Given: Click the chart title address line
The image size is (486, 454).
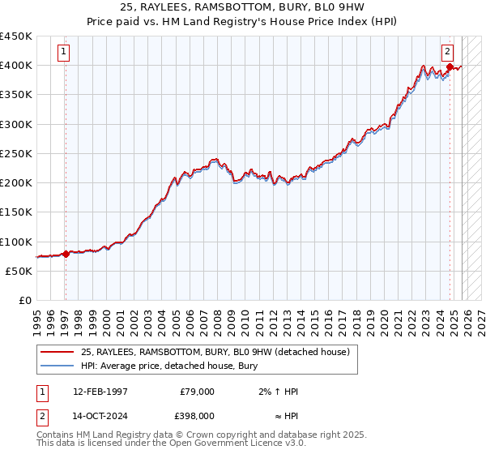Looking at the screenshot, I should click(242, 7).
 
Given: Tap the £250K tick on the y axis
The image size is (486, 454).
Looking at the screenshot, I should click(16, 153).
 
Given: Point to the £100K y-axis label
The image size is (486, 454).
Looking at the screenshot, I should click(16, 242).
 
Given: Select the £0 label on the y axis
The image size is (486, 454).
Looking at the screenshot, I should click(24, 301).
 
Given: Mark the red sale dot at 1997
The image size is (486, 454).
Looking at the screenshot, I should click(66, 254).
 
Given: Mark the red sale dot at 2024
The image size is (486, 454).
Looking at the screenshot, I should click(450, 66).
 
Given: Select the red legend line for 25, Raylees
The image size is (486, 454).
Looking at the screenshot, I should click(57, 352).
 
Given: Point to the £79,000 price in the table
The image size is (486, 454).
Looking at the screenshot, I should click(197, 392).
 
